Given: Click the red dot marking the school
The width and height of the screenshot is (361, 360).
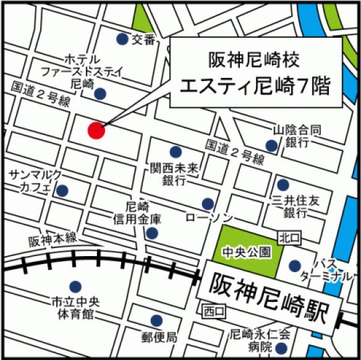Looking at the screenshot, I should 96,131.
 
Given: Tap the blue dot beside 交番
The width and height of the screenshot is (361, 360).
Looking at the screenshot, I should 122,39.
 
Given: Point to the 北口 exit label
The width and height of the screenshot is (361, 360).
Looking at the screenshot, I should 288,237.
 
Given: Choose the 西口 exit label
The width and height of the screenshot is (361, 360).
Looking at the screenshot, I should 214,310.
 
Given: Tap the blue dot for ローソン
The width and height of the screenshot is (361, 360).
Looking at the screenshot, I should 208,204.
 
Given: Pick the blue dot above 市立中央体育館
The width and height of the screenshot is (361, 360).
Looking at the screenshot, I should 75,286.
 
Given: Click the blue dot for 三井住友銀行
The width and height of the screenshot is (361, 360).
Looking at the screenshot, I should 282,184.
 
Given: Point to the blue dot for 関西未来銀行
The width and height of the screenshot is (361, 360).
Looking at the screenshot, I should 176,152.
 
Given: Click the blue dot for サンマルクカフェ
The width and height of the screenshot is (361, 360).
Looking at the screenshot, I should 62,191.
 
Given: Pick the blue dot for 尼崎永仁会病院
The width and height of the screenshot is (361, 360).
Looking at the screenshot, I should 284,333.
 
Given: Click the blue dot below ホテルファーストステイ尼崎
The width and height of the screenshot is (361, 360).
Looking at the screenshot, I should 100,94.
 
